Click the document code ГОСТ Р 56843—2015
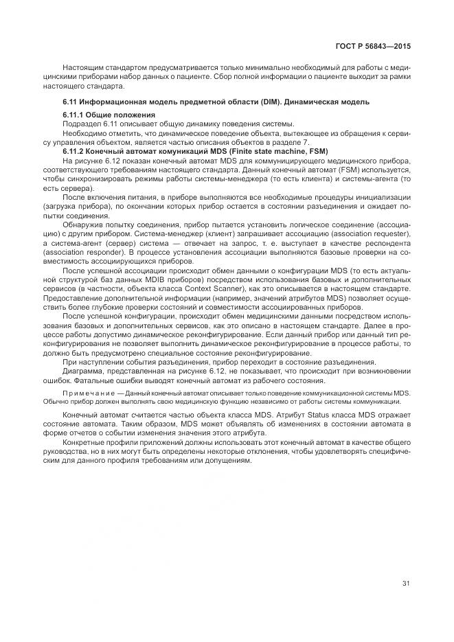tap(374, 46)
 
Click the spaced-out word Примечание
tap(84, 392)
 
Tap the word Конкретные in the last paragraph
tap(84, 443)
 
